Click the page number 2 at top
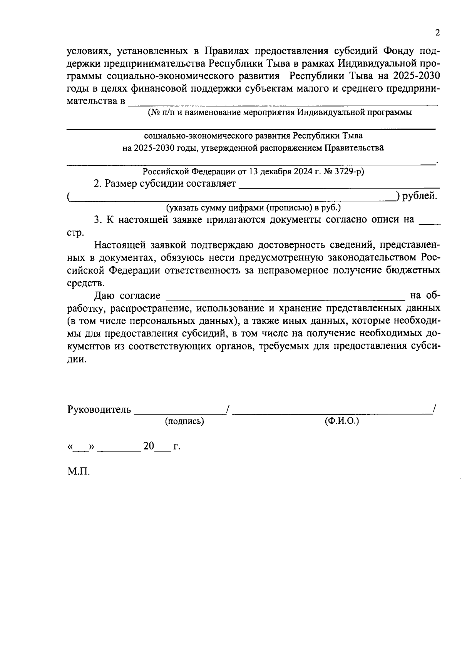pyautogui.click(x=437, y=33)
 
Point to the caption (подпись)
pyautogui.click(x=184, y=421)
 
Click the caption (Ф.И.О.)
pyautogui.click(x=341, y=421)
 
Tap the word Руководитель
pyautogui.click(x=99, y=409)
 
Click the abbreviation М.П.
pyautogui.click(x=79, y=472)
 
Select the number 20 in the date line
pyautogui.click(x=149, y=446)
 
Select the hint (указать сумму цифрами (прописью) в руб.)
pyautogui.click(x=253, y=208)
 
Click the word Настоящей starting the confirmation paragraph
pyautogui.click(x=119, y=245)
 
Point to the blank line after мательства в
pyautogui.click(x=283, y=103)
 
